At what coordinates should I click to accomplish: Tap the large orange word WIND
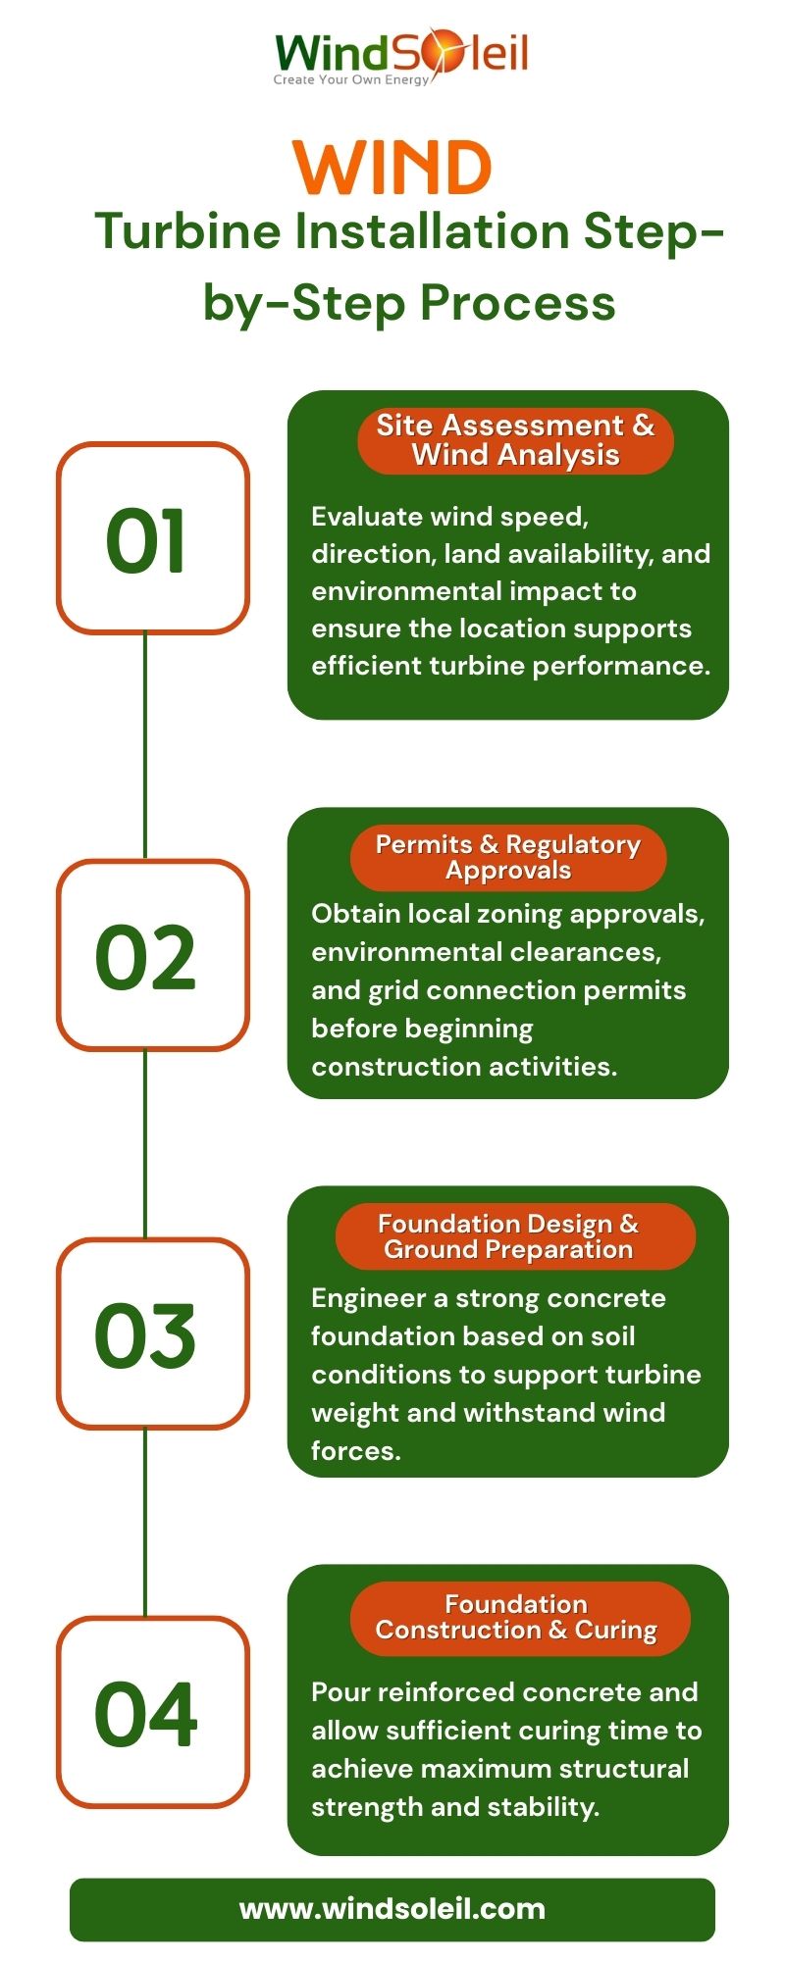point(392,169)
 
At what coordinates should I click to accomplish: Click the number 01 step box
point(152,538)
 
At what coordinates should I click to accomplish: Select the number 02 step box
point(152,956)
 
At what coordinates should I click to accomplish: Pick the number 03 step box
point(152,1334)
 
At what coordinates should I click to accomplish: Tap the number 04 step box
point(152,1713)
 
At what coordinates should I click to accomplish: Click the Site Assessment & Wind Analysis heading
point(515,440)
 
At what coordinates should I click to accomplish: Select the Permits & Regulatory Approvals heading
point(507,857)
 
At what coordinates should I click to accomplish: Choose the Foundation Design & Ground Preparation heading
point(507,1236)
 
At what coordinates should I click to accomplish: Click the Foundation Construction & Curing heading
point(516,1617)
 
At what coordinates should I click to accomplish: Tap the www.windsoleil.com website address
point(392,1909)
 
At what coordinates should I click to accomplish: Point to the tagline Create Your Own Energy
point(350,80)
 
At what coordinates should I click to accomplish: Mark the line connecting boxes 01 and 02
point(145,745)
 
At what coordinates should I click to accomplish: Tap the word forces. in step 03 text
point(355,1450)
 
